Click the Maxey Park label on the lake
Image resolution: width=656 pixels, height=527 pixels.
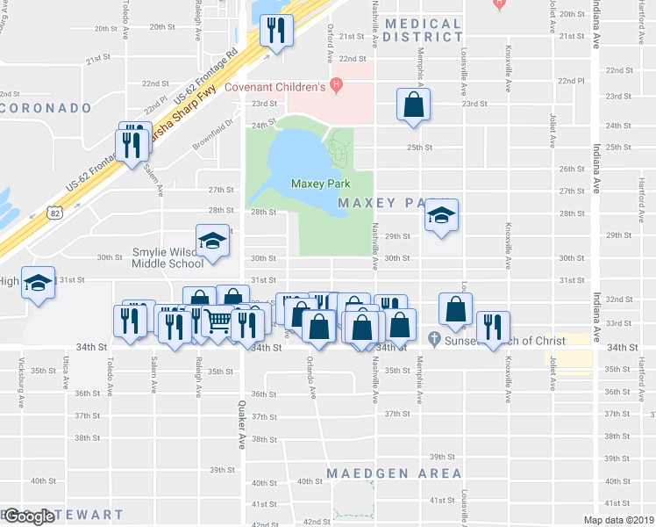pos(320,184)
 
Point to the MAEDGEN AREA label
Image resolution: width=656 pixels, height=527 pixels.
pos(394,473)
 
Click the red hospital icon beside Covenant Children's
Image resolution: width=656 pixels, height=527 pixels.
pos(335,86)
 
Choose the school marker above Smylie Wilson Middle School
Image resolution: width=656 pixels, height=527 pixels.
pos(211,242)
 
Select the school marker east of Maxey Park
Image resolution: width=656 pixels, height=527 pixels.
pos(442,215)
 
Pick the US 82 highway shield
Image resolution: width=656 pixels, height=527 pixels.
pos(55,213)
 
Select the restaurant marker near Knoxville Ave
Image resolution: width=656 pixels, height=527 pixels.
pos(493,326)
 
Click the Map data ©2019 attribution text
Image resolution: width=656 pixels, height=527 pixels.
pos(619,520)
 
